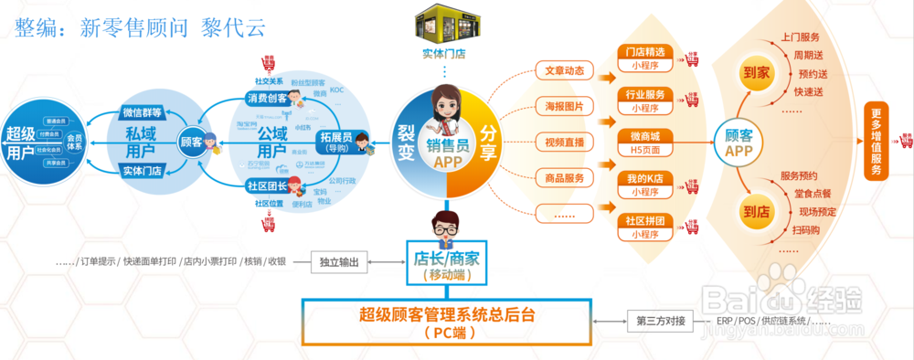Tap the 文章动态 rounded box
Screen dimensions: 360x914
(564, 70)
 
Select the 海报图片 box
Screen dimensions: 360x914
(564, 106)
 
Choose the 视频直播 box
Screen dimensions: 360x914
(564, 142)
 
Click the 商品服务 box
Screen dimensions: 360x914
(564, 177)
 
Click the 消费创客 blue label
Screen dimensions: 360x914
(266, 98)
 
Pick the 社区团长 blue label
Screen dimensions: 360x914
(266, 186)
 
